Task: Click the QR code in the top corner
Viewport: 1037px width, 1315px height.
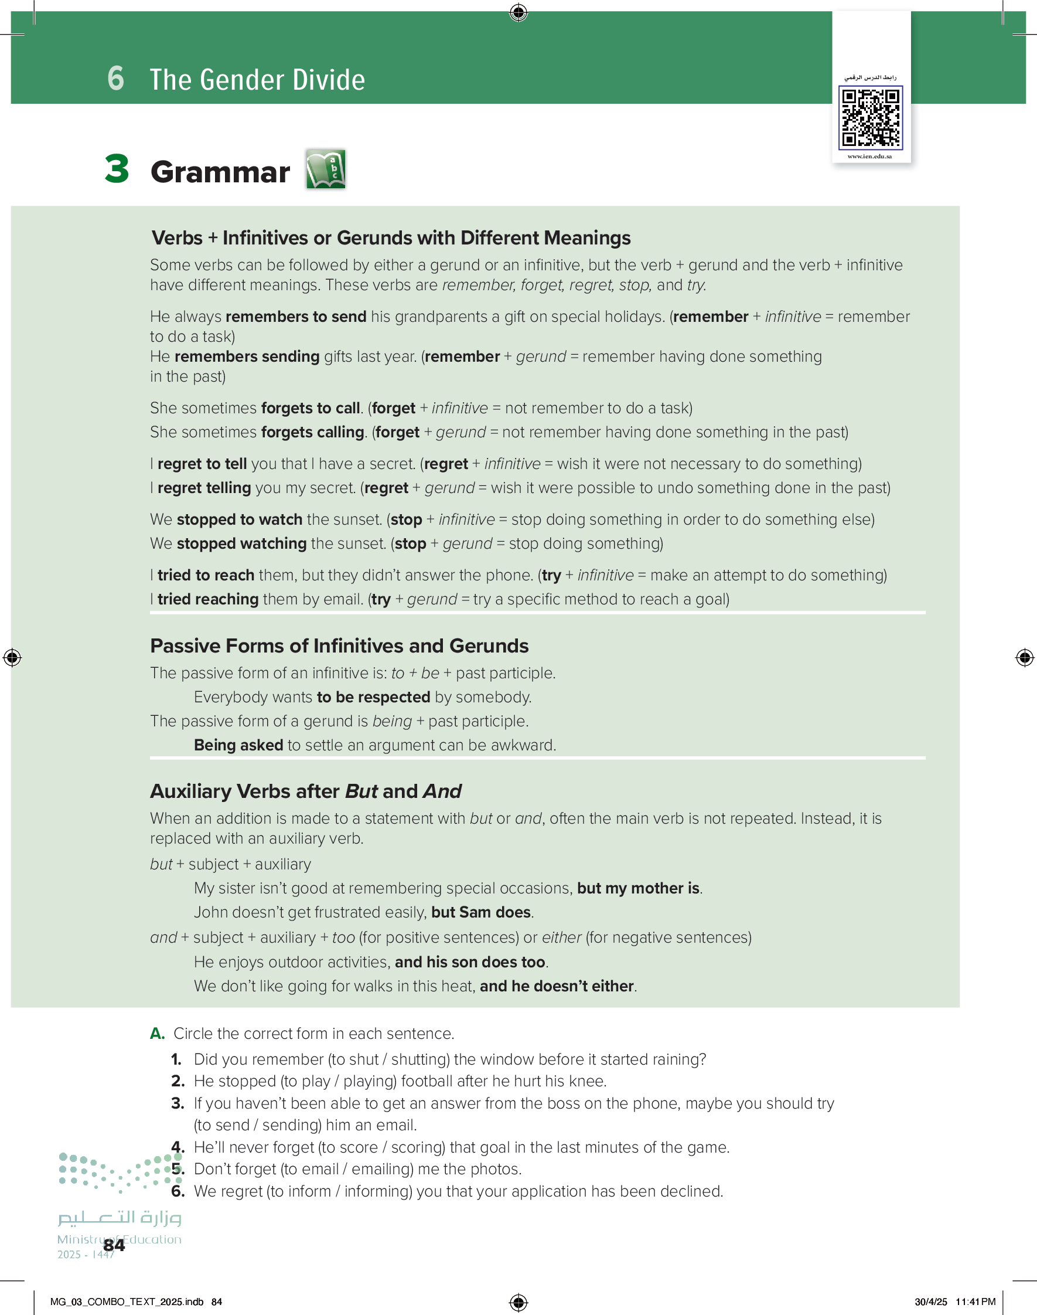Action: point(870,118)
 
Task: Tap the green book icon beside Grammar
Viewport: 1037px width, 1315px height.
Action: point(325,169)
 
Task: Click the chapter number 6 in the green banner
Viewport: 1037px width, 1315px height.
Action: point(115,79)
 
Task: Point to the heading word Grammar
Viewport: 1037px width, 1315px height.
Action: point(220,172)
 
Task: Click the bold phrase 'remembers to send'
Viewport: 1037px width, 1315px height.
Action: point(296,317)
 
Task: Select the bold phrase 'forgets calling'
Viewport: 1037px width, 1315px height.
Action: point(313,432)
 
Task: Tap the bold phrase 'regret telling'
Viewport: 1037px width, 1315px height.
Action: point(204,488)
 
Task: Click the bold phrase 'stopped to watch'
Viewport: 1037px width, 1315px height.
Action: point(239,519)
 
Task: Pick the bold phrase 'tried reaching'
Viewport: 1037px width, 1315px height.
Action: point(208,599)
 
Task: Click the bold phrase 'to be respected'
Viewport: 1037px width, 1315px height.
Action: point(373,696)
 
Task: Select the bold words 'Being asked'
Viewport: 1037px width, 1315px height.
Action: point(238,745)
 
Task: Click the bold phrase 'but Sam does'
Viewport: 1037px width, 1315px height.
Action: point(481,912)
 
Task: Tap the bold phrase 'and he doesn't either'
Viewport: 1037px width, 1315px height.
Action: point(556,986)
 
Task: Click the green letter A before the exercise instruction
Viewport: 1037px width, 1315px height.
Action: point(156,1033)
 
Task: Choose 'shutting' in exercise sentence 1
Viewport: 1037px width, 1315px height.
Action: point(419,1059)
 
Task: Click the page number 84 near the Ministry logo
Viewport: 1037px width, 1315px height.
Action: point(114,1246)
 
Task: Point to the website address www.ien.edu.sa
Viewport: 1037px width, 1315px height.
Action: point(869,157)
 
